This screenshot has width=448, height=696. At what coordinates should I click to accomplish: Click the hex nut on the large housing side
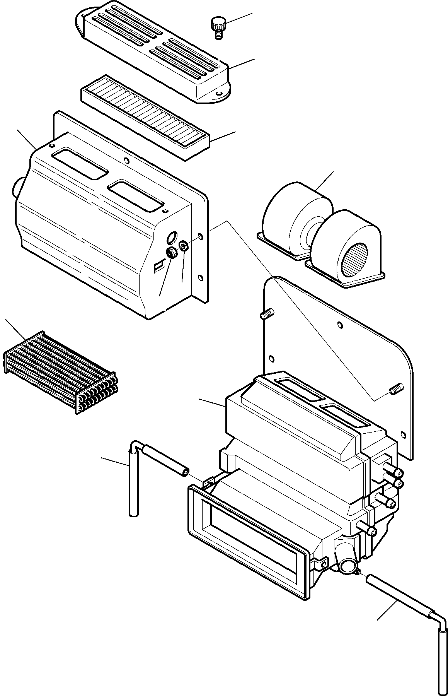pos(171,253)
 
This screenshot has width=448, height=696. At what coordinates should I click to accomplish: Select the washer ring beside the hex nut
pos(184,246)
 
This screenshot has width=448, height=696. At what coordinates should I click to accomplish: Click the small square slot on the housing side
pos(158,267)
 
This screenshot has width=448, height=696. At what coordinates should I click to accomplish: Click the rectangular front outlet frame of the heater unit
pos(247,542)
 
